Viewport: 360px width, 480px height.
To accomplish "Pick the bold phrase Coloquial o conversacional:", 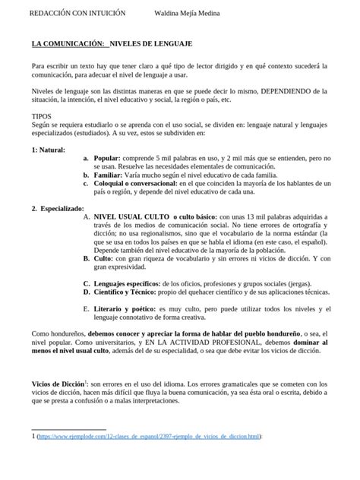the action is click(x=134, y=184).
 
